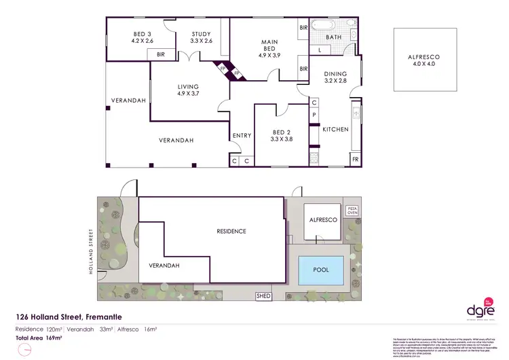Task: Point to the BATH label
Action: coord(333,37)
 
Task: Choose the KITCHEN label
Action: coord(335,129)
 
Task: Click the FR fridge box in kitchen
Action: coord(354,159)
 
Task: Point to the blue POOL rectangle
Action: coord(321,270)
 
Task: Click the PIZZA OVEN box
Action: coord(352,211)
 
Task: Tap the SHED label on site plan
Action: coord(263,296)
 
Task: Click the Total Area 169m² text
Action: coord(39,337)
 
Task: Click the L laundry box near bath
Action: coord(319,50)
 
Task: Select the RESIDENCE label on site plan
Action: coord(231,232)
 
